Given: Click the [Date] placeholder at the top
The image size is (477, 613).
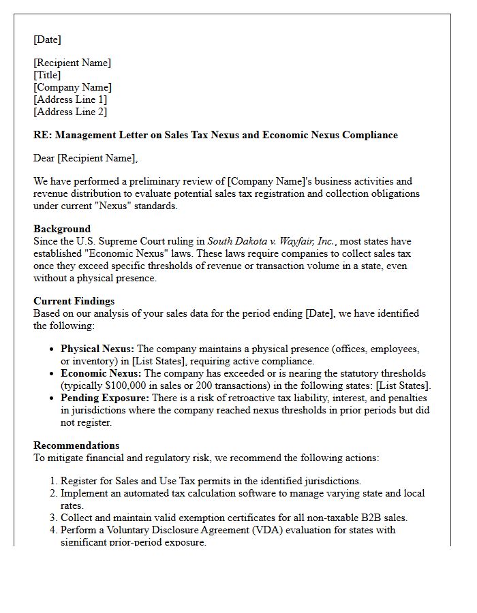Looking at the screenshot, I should click(x=47, y=40).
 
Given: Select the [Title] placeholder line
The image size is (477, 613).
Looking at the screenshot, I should click(x=47, y=75).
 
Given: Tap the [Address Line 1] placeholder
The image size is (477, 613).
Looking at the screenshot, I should click(x=70, y=99).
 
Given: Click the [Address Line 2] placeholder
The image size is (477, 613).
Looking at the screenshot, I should click(x=70, y=112).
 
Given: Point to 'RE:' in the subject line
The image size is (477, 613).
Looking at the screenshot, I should click(x=42, y=135).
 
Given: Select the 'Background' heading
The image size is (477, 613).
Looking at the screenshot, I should click(x=62, y=229).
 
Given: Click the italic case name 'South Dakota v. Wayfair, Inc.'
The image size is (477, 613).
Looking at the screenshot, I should click(x=271, y=241).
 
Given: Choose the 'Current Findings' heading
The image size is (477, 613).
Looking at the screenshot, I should click(x=74, y=301).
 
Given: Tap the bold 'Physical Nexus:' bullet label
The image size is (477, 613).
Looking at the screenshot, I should click(x=97, y=349).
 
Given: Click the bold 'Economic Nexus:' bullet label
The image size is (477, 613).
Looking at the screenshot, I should click(x=101, y=373).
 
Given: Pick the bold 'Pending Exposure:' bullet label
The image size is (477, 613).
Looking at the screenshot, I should click(x=104, y=398).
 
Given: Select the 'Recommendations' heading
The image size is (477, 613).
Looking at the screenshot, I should click(x=76, y=445).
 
